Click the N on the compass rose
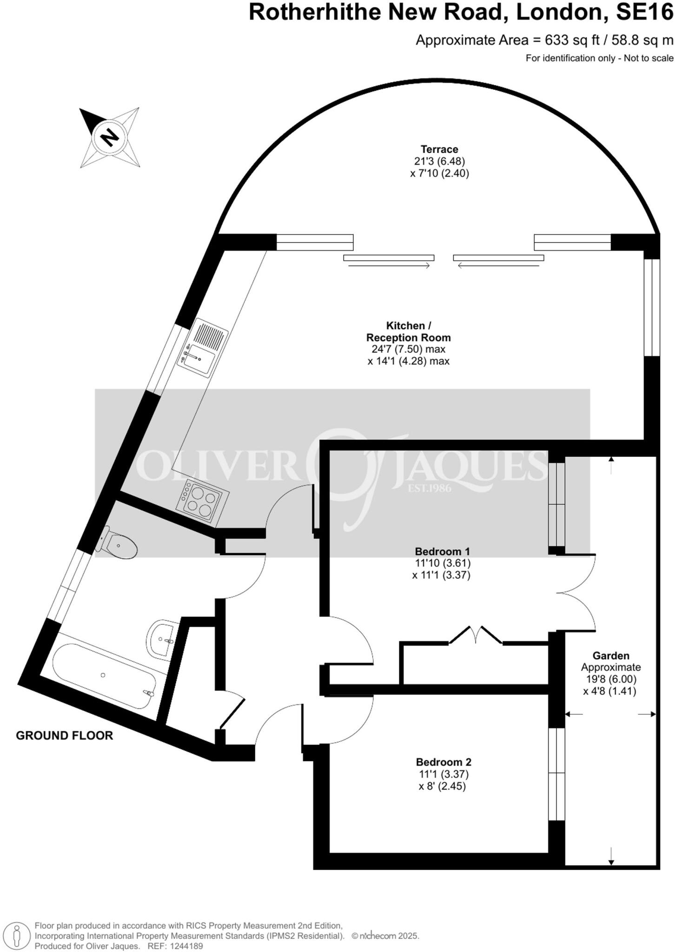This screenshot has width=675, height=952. [x=110, y=137]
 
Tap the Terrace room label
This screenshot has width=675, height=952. [x=439, y=149]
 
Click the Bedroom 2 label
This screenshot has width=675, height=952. [x=443, y=762]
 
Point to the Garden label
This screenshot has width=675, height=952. [x=610, y=655]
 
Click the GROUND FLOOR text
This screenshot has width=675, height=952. [x=64, y=735]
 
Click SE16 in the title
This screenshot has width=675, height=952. [x=644, y=13]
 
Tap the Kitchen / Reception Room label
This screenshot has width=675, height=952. [x=408, y=331]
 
